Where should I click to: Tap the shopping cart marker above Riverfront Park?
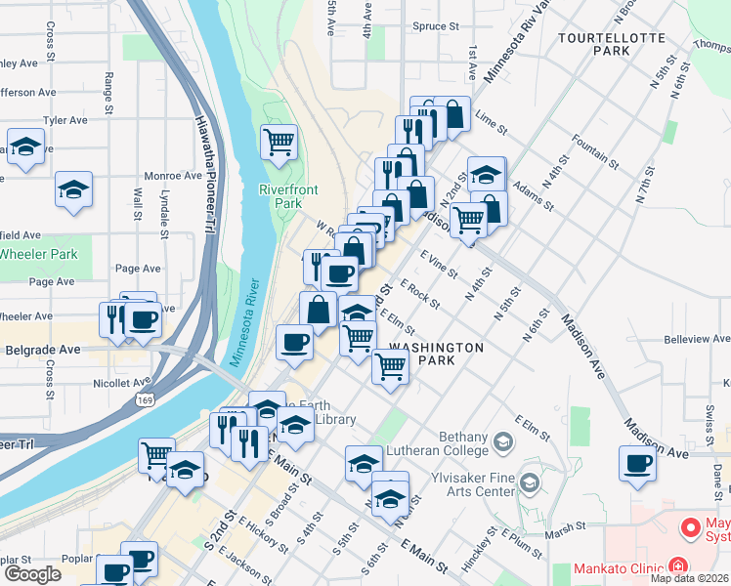[x=279, y=143]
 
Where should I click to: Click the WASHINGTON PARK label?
[x=436, y=354]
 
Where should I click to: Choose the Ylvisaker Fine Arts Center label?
[x=473, y=485]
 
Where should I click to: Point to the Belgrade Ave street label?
[x=43, y=350]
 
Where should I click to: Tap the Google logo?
[x=32, y=574]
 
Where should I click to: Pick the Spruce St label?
[x=436, y=27]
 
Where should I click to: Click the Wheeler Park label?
[x=38, y=254]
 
